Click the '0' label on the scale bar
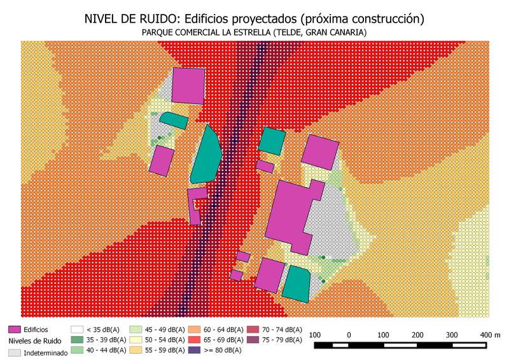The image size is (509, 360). coord(349,335)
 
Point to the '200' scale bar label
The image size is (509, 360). coord(417,335)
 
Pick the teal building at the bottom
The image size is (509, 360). coord(295,283)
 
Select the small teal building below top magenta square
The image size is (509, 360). coord(173,120)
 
